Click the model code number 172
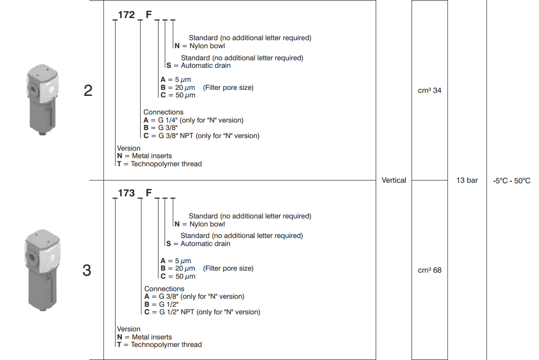click(x=127, y=15)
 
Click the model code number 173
click(x=127, y=193)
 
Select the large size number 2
click(x=88, y=91)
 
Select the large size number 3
click(x=87, y=271)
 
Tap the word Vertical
click(x=394, y=180)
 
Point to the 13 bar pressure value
click(x=467, y=180)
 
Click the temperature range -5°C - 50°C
click(x=512, y=181)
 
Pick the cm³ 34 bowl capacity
click(x=429, y=91)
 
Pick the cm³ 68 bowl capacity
click(x=429, y=270)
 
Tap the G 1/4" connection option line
click(x=193, y=120)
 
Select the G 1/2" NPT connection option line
click(x=202, y=312)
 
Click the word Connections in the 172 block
click(x=163, y=112)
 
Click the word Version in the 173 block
click(x=129, y=329)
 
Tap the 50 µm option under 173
click(x=178, y=276)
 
